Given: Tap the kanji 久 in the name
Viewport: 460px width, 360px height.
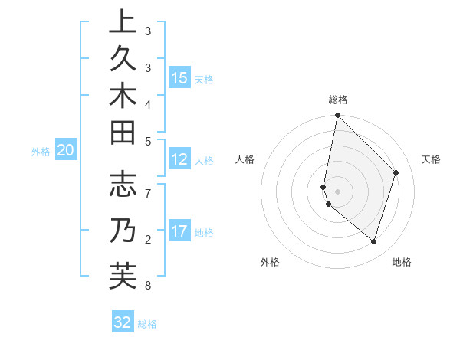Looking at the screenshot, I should coord(123,60).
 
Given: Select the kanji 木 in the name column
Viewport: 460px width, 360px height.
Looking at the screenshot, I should coord(123,97).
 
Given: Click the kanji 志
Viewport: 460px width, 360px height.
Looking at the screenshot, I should coord(123,185).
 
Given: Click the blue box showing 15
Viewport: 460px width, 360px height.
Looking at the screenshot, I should coord(179,77).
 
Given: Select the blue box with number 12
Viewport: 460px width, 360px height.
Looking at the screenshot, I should coord(179,159).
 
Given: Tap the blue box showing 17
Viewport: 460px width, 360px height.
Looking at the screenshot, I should coord(179,231).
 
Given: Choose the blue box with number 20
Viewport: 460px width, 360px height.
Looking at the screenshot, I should coord(66,150).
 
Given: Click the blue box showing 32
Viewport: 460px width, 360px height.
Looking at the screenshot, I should coord(123,322).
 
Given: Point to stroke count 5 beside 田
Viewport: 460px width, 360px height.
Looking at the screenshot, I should coord(147,141).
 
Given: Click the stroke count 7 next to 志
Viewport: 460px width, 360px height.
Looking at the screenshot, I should coord(147,192).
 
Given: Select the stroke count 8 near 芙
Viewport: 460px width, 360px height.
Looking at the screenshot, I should coord(147,286).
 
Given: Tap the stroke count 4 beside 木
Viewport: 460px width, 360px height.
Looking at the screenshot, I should coord(147,104).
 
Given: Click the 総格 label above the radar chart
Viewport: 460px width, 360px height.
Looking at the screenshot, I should coord(338,100).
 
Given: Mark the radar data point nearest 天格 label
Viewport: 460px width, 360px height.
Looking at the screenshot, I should coord(396,172).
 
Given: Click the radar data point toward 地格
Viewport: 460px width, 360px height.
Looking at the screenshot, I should coord(374,241).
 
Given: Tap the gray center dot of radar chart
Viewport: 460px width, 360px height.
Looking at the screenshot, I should coord(338,191).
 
